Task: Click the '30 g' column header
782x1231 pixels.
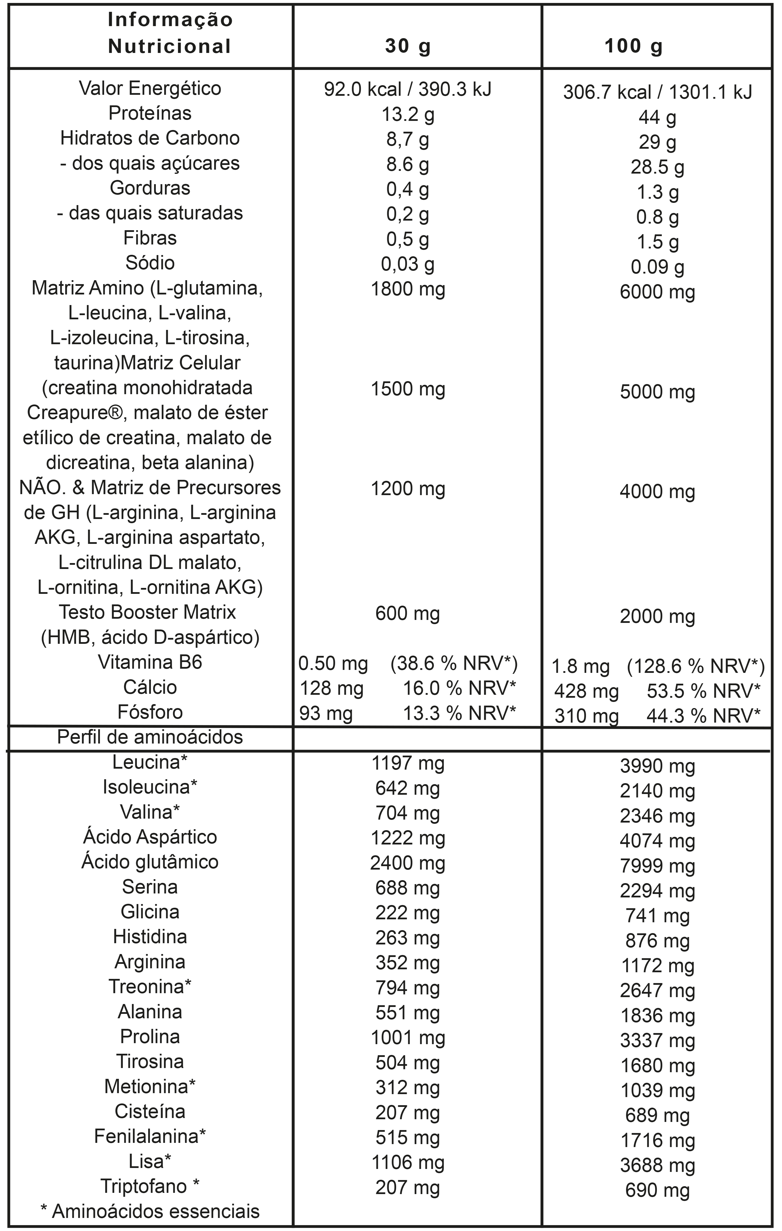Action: click(x=408, y=46)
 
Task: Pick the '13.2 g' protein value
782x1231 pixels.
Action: click(x=408, y=114)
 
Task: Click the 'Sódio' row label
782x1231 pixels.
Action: click(x=150, y=263)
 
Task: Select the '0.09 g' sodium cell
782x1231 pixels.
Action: click(x=657, y=267)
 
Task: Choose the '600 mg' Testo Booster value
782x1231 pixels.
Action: click(x=408, y=613)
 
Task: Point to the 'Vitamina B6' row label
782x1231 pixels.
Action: click(x=150, y=662)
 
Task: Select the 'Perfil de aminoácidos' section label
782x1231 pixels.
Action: click(x=150, y=737)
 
